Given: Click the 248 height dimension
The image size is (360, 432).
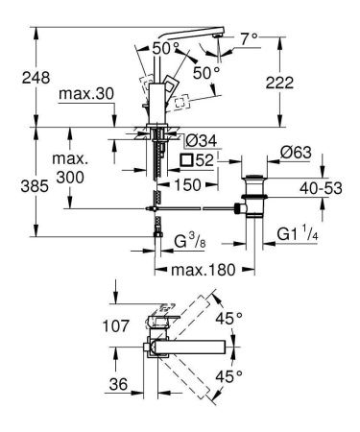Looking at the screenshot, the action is pos(36,78).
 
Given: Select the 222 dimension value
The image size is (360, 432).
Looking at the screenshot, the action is pos(279,83).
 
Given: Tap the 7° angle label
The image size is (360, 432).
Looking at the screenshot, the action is pos(250,39).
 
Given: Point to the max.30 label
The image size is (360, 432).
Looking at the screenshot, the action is pos(86,94).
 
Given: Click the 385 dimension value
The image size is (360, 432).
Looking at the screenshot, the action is pos(35,186).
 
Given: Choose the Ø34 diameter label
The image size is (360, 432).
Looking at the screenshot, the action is pos(202,141).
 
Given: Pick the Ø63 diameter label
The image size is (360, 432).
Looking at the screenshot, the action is pos(296,153).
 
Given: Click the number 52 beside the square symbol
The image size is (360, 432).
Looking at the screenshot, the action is pos(204,160).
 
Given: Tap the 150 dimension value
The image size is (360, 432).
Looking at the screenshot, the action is pos(187,184).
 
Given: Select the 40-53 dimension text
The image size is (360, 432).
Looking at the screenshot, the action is pos(321,188).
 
